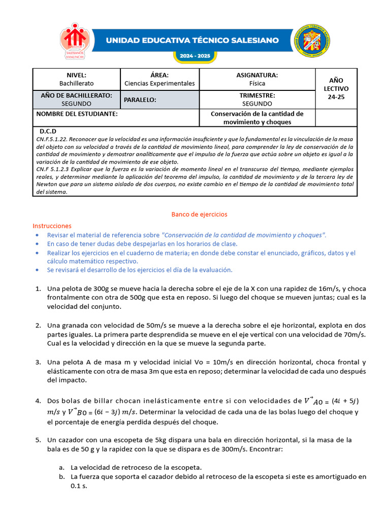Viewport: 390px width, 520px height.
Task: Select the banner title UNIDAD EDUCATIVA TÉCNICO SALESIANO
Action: tap(192, 40)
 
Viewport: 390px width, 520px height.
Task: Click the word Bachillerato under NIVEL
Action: tap(77, 83)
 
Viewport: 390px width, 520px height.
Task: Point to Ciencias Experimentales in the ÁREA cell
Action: tap(159, 83)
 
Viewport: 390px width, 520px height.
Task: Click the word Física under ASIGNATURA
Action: tap(257, 83)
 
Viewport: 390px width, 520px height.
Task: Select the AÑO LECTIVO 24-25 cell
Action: tap(336, 88)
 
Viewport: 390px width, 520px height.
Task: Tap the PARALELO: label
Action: tap(140, 100)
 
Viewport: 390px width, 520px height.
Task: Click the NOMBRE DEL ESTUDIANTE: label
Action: tap(77, 114)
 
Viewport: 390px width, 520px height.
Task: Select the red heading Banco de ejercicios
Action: tap(199, 214)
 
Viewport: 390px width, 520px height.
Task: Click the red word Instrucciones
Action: tap(52, 225)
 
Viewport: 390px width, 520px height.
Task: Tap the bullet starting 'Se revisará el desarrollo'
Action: tap(140, 270)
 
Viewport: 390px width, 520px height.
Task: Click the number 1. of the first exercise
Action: tap(38, 289)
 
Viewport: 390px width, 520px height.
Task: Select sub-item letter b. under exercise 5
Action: tap(61, 477)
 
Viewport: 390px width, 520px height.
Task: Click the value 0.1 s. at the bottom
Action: tap(79, 486)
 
